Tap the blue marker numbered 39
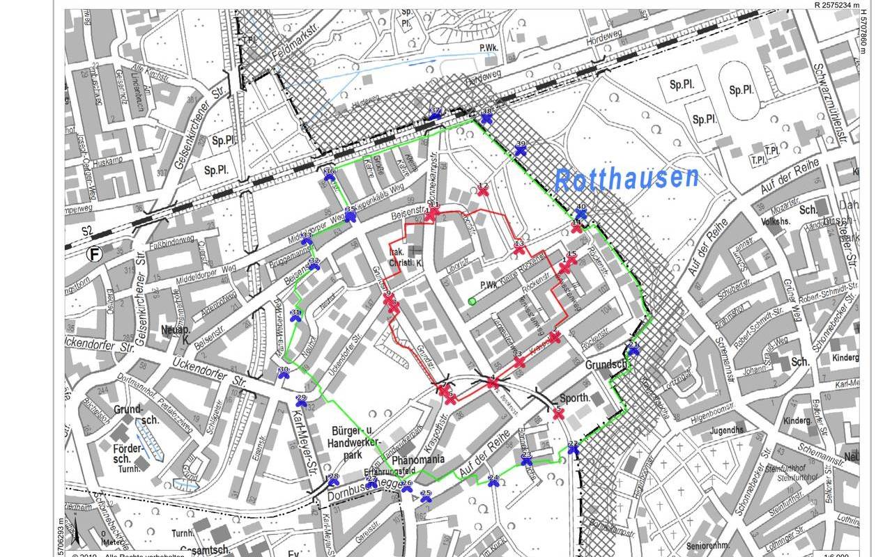pyautogui.click(x=521, y=149)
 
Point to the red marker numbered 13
pyautogui.click(x=518, y=247)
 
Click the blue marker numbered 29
pyautogui.click(x=302, y=402)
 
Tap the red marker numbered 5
pyautogui.click(x=558, y=413)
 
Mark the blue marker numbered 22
pyautogui.click(x=573, y=448)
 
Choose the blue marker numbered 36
pyautogui.click(x=330, y=175)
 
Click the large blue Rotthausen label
pyautogui.click(x=626, y=178)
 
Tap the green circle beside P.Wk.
pyautogui.click(x=472, y=301)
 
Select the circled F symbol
pyautogui.click(x=93, y=255)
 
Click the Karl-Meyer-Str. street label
pyautogui.click(x=301, y=449)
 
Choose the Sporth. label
pyautogui.click(x=574, y=398)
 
